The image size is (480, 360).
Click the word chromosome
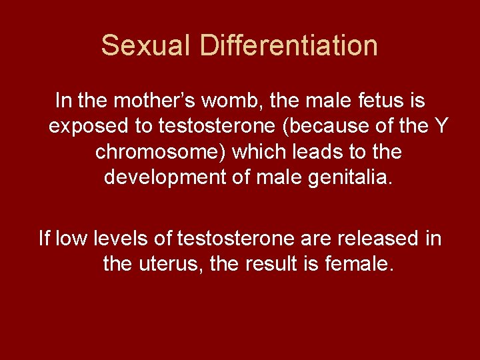(x=163, y=152)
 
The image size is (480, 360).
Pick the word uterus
(x=169, y=264)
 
